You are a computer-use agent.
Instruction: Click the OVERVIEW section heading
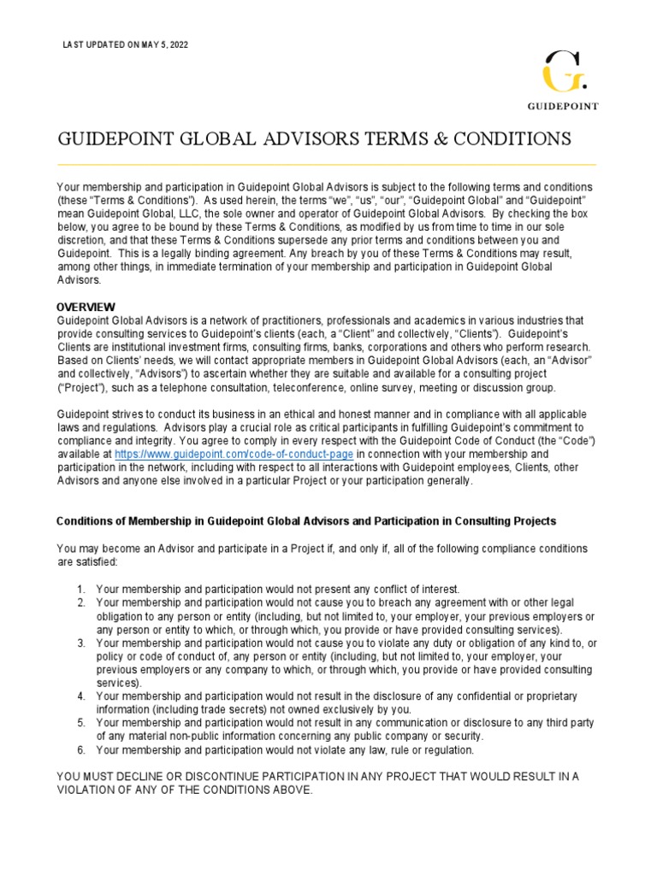click(x=86, y=307)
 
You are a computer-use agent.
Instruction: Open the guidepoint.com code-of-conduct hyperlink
click(x=234, y=454)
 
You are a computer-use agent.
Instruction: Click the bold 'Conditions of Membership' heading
click(x=305, y=520)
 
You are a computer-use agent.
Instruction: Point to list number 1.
click(x=80, y=590)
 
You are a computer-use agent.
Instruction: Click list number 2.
click(x=80, y=602)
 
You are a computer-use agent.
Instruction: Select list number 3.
click(x=80, y=643)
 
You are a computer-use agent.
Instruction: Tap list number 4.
click(x=80, y=696)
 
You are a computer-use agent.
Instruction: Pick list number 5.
click(x=80, y=723)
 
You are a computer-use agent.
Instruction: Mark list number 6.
click(x=80, y=749)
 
